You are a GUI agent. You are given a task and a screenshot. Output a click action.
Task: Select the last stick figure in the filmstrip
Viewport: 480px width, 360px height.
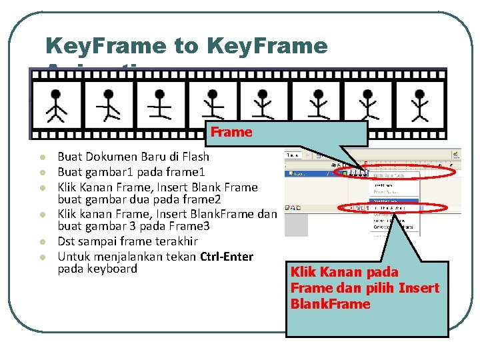coord(420,103)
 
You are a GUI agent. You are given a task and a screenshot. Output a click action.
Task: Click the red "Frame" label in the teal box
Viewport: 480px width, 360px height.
coord(231,132)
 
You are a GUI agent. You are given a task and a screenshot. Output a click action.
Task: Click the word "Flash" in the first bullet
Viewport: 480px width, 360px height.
coord(194,157)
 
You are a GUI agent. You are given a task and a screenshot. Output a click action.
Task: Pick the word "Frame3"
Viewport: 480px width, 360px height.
coord(191,227)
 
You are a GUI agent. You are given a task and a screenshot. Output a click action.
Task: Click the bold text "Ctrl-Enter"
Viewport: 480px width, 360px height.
coord(227,257)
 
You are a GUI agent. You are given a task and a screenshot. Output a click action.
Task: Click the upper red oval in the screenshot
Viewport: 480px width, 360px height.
coord(397,173)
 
